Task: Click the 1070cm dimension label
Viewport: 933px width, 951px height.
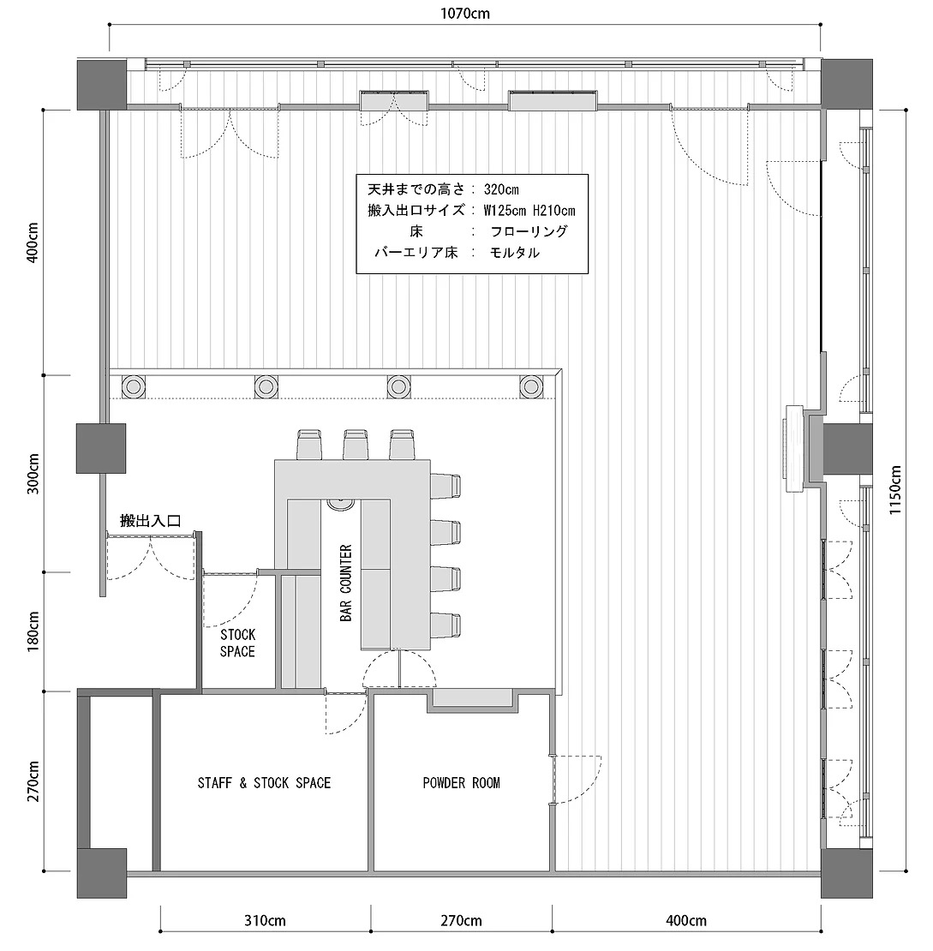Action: click(x=465, y=13)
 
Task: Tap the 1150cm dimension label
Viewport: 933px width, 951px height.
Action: click(x=895, y=489)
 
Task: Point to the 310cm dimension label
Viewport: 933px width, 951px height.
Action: click(x=265, y=921)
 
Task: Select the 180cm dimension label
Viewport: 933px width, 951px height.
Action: click(x=33, y=631)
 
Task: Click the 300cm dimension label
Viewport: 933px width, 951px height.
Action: click(x=33, y=474)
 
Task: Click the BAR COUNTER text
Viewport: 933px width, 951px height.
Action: click(x=346, y=583)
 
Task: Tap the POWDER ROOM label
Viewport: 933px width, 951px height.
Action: click(x=462, y=783)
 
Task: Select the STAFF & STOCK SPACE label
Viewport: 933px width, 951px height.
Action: click(x=265, y=783)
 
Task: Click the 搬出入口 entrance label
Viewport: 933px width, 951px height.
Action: click(x=151, y=520)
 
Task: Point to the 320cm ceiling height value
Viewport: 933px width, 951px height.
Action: click(x=502, y=189)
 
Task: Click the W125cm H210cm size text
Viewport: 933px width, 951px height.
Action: click(x=529, y=211)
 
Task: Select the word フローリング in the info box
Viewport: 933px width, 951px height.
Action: click(x=529, y=231)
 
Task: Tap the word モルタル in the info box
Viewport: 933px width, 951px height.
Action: click(x=515, y=252)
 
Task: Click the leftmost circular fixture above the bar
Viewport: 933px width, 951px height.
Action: click(x=134, y=386)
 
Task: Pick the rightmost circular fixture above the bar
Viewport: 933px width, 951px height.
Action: click(x=531, y=386)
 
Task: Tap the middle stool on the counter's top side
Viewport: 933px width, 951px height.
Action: click(x=356, y=445)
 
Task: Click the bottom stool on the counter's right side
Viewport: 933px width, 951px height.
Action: click(x=446, y=625)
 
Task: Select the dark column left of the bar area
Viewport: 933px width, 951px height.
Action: click(x=101, y=448)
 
